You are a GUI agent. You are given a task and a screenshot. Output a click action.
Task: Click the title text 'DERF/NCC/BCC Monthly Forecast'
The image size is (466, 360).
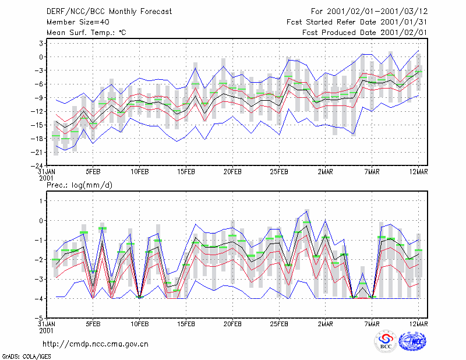pyautogui.click(x=109, y=12)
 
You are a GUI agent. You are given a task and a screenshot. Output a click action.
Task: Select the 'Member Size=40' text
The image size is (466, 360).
pyautogui.click(x=78, y=22)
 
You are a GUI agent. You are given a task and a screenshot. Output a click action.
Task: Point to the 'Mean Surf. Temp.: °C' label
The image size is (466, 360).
pyautogui.click(x=86, y=33)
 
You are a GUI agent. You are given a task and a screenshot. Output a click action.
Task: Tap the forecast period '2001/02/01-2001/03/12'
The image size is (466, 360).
pyautogui.click(x=377, y=12)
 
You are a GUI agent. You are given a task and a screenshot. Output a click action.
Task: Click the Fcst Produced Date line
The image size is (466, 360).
pyautogui.click(x=365, y=33)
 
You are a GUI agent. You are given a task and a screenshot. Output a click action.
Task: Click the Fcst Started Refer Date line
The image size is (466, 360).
pyautogui.click(x=357, y=22)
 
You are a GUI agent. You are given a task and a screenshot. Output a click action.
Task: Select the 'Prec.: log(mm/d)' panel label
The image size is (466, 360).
pyautogui.click(x=79, y=185)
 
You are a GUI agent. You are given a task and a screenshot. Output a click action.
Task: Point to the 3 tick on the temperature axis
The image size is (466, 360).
pyautogui.click(x=41, y=44)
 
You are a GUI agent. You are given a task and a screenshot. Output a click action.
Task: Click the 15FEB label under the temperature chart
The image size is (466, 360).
pyautogui.click(x=186, y=172)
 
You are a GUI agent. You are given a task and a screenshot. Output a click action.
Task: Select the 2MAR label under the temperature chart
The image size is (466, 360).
pyautogui.click(x=326, y=172)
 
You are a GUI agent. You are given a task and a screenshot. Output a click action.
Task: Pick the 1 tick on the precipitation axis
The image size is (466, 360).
pyautogui.click(x=41, y=201)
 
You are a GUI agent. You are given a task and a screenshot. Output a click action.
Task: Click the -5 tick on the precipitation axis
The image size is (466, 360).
pyautogui.click(x=39, y=318)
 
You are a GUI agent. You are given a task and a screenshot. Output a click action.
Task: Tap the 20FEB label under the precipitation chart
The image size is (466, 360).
pyautogui.click(x=232, y=324)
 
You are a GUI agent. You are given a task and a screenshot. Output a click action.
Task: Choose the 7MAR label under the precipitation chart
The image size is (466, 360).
pyautogui.click(x=372, y=324)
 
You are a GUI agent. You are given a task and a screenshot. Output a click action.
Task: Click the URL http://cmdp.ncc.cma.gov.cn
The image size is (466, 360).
pyautogui.click(x=96, y=344)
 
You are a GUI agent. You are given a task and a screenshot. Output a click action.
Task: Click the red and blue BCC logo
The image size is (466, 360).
pyautogui.click(x=386, y=342)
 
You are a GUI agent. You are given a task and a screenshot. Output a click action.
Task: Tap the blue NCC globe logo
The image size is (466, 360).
pyautogui.click(x=412, y=341)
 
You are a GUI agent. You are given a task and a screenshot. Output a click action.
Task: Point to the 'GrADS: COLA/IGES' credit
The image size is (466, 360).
pyautogui.click(x=26, y=357)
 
